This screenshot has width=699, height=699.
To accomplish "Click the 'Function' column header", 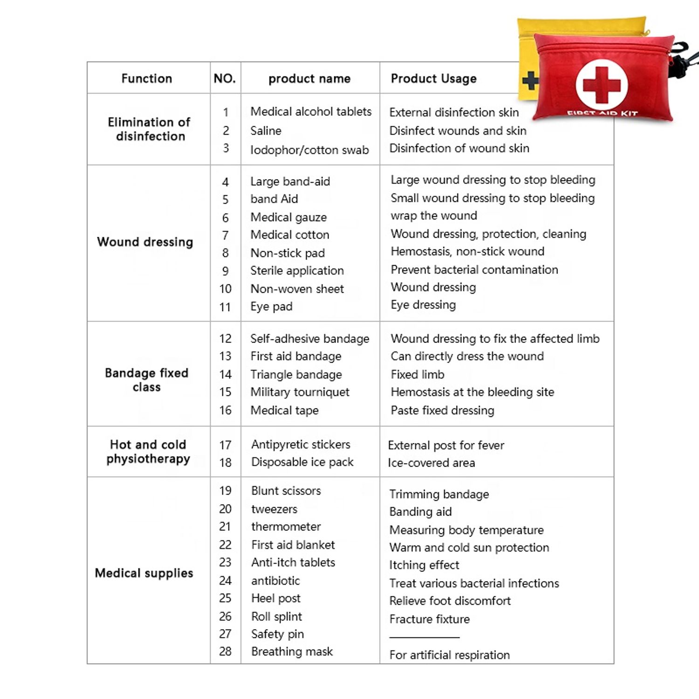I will pyautogui.click(x=147, y=78).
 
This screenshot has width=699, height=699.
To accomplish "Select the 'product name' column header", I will pyautogui.click(x=309, y=78).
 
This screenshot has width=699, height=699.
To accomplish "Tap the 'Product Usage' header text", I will pyautogui.click(x=433, y=78).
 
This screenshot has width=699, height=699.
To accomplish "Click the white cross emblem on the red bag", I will pyautogui.click(x=602, y=85).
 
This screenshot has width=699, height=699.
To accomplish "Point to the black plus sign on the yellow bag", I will pyautogui.click(x=530, y=81).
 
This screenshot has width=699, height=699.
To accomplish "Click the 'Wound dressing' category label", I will pyautogui.click(x=145, y=242).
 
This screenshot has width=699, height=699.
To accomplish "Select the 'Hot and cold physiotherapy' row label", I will pyautogui.click(x=148, y=452).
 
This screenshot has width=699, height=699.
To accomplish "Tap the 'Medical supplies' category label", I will pyautogui.click(x=144, y=573).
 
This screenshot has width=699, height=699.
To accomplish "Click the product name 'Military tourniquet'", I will pyautogui.click(x=300, y=392).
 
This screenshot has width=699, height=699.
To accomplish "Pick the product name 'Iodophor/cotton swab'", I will pyautogui.click(x=309, y=150).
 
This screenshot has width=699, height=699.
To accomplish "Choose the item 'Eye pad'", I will pyautogui.click(x=271, y=307).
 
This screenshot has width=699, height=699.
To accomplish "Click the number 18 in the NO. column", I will pyautogui.click(x=226, y=463).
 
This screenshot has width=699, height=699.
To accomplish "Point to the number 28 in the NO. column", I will pyautogui.click(x=226, y=651).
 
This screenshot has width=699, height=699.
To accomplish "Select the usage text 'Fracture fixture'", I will pyautogui.click(x=430, y=619).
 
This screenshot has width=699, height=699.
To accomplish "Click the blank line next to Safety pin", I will pyautogui.click(x=425, y=637).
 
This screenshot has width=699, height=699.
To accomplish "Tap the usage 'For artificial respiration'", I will pyautogui.click(x=450, y=655).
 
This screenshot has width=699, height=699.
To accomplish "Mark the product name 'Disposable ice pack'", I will pyautogui.click(x=302, y=462).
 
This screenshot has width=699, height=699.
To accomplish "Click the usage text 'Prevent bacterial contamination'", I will pyautogui.click(x=474, y=270).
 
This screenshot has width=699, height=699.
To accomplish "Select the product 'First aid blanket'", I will pyautogui.click(x=293, y=545).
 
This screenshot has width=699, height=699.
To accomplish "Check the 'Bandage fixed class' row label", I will pyautogui.click(x=147, y=380).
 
